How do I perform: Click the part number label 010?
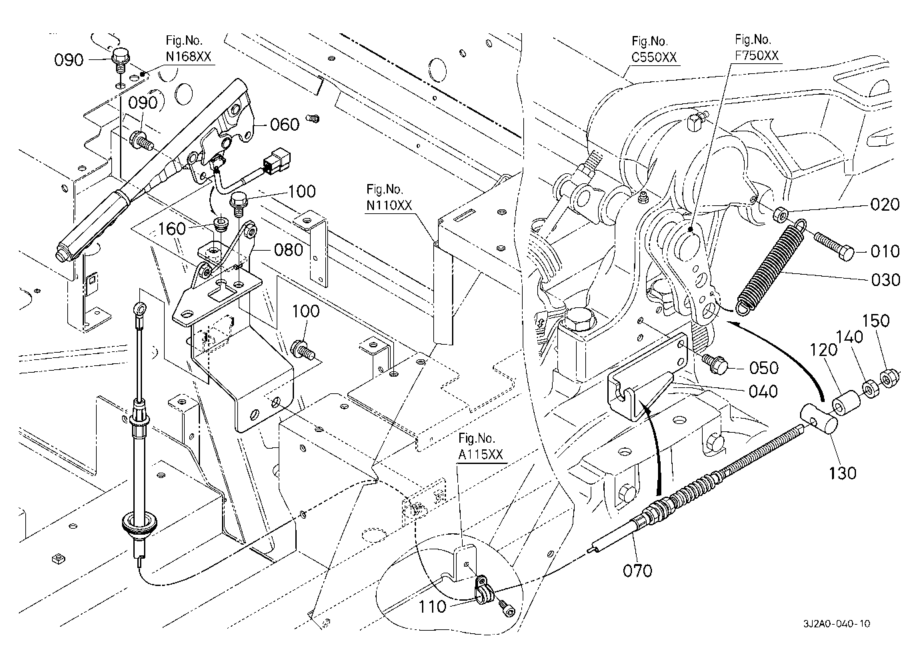[885, 251]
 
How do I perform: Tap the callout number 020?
[885, 205]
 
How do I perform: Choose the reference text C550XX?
[654, 57]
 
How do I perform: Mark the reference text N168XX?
[189, 57]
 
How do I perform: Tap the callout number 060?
[285, 125]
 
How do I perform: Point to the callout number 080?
[288, 251]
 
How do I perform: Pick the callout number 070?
[638, 570]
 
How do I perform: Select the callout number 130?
[842, 473]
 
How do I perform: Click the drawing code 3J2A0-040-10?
[836, 624]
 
